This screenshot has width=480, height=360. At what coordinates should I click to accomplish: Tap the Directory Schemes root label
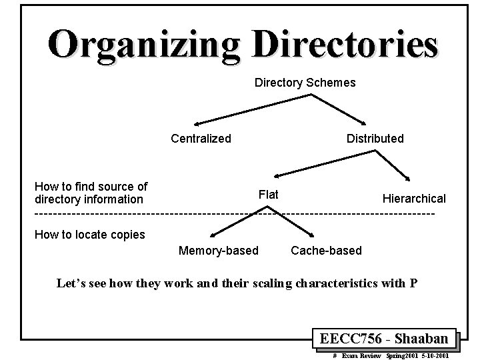pos(305,83)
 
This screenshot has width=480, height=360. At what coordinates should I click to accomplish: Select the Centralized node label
pos(201,139)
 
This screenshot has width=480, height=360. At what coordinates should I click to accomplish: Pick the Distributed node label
pos(375,139)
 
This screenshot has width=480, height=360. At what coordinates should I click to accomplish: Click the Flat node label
pos(268,195)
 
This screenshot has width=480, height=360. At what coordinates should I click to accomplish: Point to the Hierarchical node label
pos(414,199)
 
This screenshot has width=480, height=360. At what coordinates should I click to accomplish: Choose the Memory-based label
pos(218,251)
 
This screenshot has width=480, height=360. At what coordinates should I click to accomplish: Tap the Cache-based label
pos(327,251)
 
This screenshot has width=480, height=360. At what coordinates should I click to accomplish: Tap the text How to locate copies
pos(89,235)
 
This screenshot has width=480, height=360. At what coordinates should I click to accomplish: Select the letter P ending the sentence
pos(413,282)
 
